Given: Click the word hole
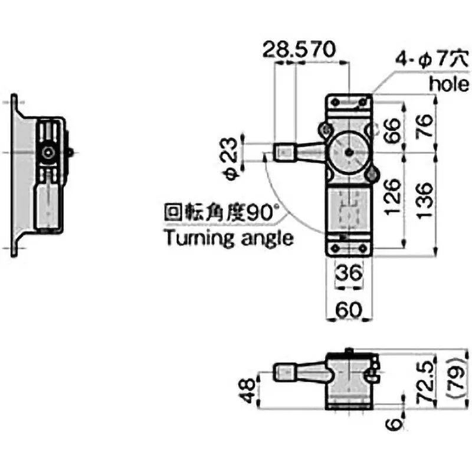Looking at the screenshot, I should click(448, 83).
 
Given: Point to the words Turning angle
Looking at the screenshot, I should click(229, 238).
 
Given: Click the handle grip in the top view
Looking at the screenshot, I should click(286, 152).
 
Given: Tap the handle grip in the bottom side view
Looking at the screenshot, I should click(286, 372).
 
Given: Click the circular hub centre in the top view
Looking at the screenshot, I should click(350, 152).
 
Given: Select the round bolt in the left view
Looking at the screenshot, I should click(47, 152).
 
